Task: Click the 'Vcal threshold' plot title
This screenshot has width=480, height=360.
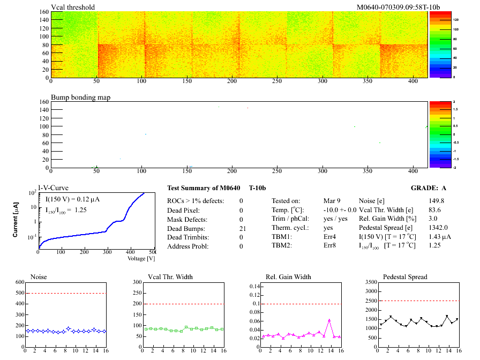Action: [73, 7]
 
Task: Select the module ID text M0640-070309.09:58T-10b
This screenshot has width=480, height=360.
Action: [398, 7]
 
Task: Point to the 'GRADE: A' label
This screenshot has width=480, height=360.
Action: [429, 188]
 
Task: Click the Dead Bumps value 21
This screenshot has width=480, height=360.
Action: [241, 228]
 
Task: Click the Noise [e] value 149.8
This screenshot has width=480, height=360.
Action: [436, 201]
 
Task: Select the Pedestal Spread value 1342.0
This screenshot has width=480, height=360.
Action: [438, 228]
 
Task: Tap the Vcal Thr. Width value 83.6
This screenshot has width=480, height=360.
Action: [434, 210]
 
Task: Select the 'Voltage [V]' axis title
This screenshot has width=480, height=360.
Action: [141, 258]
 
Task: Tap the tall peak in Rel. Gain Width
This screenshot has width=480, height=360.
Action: [329, 320]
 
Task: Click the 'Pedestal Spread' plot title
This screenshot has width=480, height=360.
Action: [405, 276]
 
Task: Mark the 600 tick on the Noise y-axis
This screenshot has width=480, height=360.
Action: [20, 282]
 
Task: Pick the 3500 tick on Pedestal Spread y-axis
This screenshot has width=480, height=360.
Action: [369, 282]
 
